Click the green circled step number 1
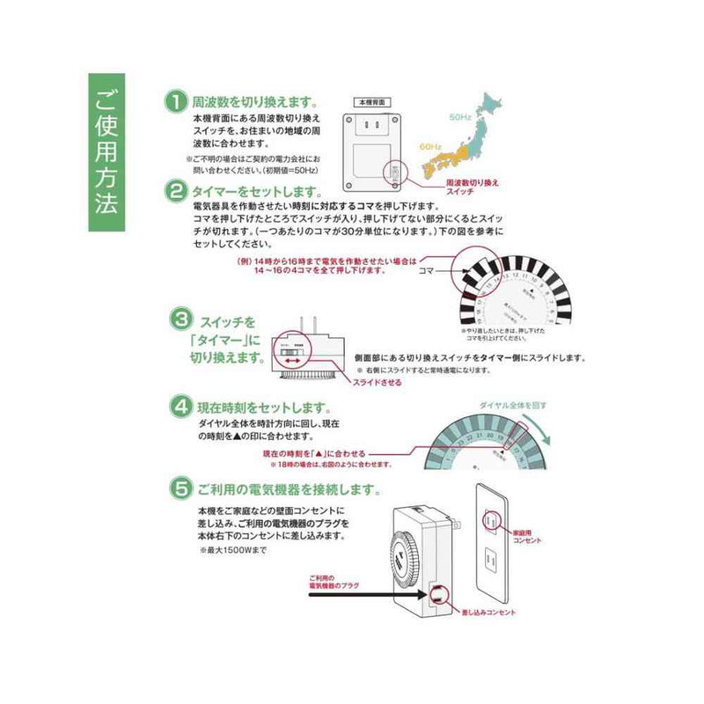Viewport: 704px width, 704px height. coord(177,101)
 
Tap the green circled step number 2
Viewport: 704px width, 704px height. coord(177,190)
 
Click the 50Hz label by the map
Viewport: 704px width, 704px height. coord(460,116)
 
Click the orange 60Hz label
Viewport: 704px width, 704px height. coord(430,146)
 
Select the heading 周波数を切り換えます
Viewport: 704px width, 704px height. coord(255,101)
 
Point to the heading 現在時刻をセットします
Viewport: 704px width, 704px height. coord(264,408)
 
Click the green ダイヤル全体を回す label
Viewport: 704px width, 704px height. coord(513,405)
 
